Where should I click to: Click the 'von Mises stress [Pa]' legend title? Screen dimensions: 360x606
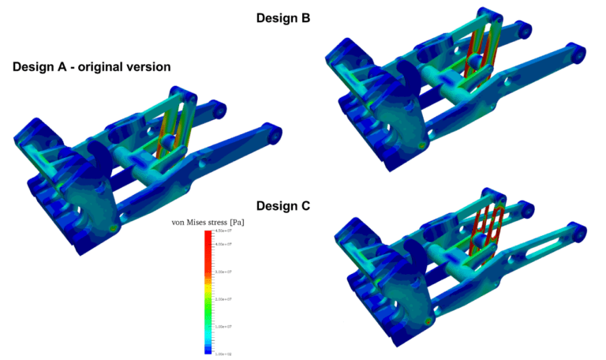(x=208, y=223)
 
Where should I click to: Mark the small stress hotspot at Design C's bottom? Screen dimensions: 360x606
(x=427, y=321)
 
